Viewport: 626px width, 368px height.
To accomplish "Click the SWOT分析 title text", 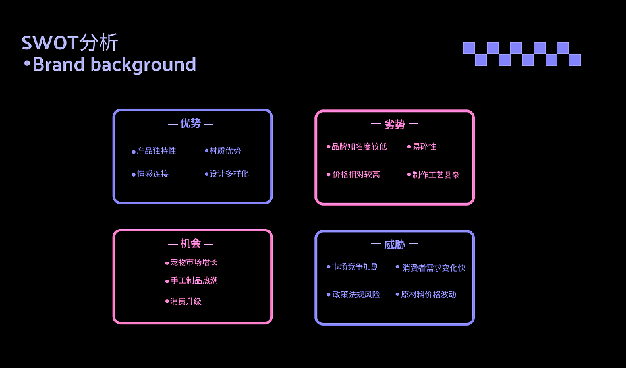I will coord(70,43).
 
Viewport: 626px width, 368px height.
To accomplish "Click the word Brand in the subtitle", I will coord(59,65).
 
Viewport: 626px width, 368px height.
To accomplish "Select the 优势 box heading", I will coord(190,123).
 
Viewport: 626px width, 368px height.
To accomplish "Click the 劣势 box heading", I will coord(394,125).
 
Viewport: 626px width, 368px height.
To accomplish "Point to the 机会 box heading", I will coord(190,243).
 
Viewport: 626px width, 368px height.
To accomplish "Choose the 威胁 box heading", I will coord(394,245).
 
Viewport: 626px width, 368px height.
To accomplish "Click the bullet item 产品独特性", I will coord(156,151).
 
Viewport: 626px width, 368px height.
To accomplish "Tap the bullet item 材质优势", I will coord(225,151).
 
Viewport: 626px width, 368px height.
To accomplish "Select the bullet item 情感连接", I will coord(153,174).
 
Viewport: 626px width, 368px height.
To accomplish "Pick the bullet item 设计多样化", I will coord(229,174).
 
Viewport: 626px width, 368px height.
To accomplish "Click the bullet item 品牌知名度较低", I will coord(359,146).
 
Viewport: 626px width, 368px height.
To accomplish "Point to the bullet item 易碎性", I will coord(424,146).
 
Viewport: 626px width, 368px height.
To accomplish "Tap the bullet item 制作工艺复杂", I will coord(436,175).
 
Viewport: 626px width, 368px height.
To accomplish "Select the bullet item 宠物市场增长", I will coord(194,262).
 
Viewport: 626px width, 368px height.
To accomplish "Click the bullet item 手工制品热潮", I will coord(194,281).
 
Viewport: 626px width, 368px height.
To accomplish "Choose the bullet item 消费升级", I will coord(185,301).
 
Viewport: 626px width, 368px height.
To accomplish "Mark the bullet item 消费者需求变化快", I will coord(434,268).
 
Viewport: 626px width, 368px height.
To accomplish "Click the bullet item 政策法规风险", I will coord(356,295).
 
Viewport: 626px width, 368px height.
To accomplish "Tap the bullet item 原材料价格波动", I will coord(428,295).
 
